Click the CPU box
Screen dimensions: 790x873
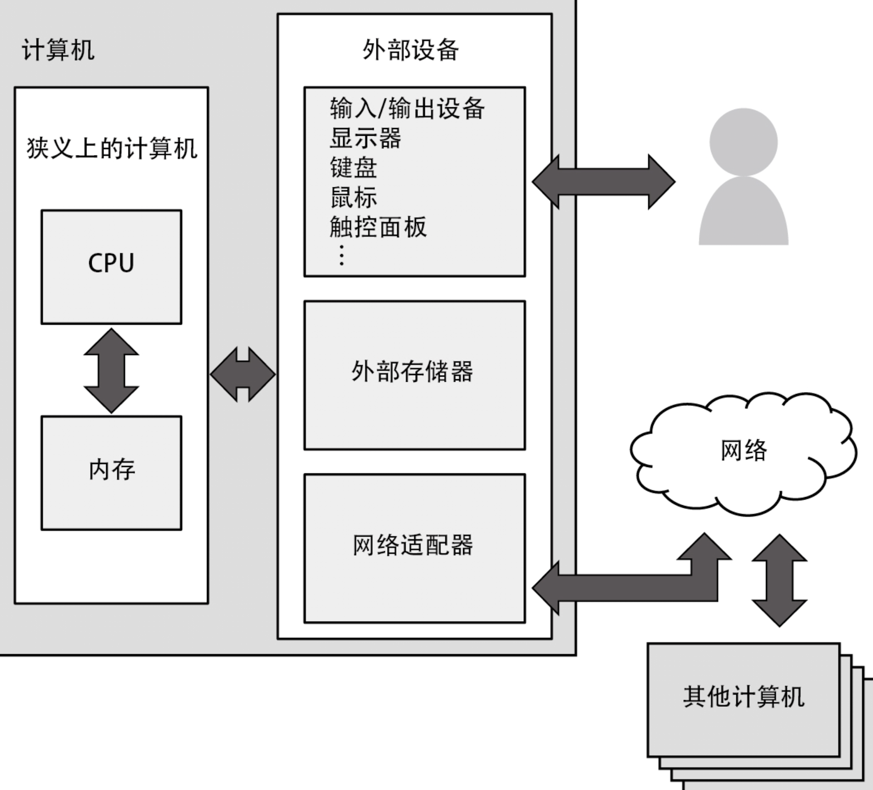point(111,266)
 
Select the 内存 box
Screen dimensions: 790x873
point(111,473)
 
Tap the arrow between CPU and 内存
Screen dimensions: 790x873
point(111,371)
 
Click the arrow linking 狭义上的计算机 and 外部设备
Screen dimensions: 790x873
point(243,374)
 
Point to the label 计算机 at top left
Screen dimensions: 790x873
point(58,50)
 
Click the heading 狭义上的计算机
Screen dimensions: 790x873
point(112,149)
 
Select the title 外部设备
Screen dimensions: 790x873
point(410,50)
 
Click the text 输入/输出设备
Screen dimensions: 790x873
point(406,108)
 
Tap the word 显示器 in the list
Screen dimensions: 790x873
point(365,138)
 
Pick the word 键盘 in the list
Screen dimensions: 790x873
point(353,167)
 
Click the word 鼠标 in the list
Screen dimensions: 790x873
point(353,197)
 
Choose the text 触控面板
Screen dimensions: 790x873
point(377,227)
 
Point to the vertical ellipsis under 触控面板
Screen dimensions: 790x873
point(342,255)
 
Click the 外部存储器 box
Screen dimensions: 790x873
point(414,375)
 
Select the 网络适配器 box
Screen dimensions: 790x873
point(414,548)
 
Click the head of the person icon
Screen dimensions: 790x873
point(743,142)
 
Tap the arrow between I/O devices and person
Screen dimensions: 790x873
point(603,182)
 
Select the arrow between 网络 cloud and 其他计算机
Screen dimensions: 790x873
point(779,580)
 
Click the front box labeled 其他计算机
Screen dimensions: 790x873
point(743,699)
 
